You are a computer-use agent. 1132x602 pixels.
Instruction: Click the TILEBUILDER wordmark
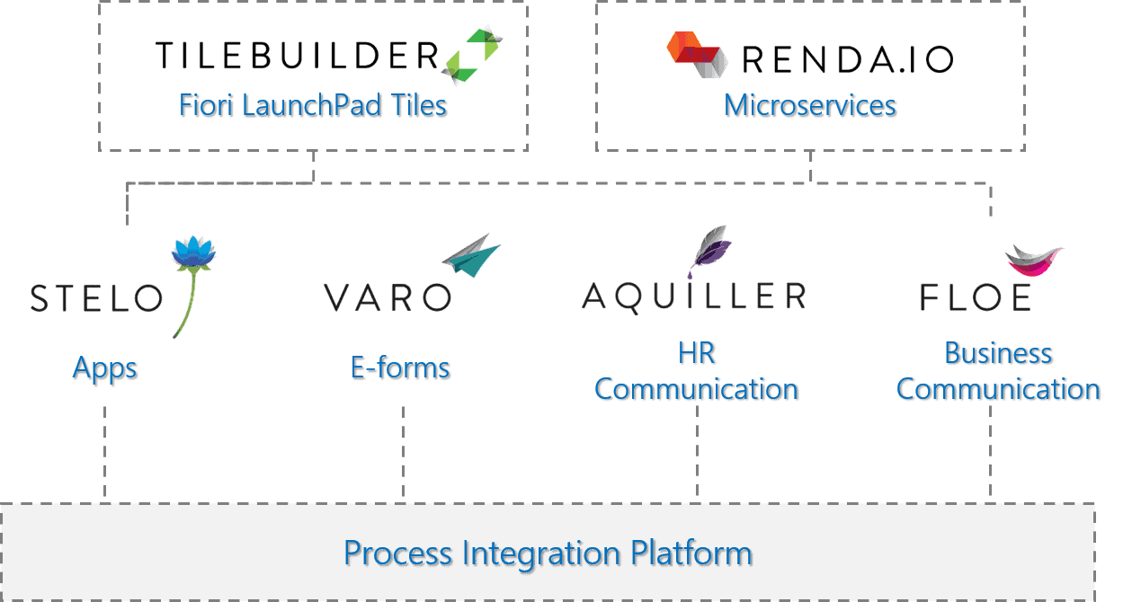coord(297,55)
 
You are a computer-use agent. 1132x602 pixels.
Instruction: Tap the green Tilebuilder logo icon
coord(473,55)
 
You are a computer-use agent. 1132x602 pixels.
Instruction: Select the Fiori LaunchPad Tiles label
coord(313,105)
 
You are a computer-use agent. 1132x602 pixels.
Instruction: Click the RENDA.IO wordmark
coord(848,59)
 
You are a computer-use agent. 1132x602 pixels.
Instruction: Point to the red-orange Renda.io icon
coord(698,54)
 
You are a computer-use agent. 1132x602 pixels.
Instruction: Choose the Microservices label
coord(810,105)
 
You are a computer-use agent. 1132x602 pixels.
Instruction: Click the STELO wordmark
coord(96,298)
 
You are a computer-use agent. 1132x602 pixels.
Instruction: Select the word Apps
coord(104,368)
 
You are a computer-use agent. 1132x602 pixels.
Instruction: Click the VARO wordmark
coord(388,297)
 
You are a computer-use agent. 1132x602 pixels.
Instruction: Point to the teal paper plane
coord(471,255)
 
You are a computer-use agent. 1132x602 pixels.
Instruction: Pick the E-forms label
coord(400,367)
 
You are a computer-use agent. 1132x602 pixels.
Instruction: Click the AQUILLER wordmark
coord(694,297)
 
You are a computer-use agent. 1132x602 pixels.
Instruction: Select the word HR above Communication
coord(697,352)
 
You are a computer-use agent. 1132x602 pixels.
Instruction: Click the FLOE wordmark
coord(976,297)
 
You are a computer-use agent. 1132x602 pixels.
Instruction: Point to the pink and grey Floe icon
coord(1034,261)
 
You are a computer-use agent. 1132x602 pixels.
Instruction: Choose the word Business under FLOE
coord(998,352)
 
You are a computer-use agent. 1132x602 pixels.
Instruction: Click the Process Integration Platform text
coord(548,553)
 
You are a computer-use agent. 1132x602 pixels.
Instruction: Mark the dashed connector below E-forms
coord(404,451)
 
